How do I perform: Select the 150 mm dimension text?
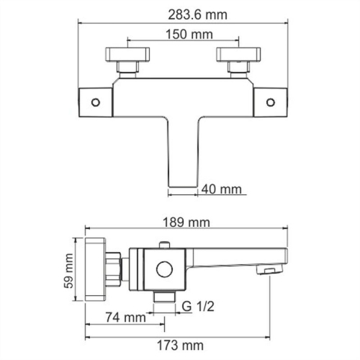(181, 33)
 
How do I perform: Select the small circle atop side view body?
(166, 247)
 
